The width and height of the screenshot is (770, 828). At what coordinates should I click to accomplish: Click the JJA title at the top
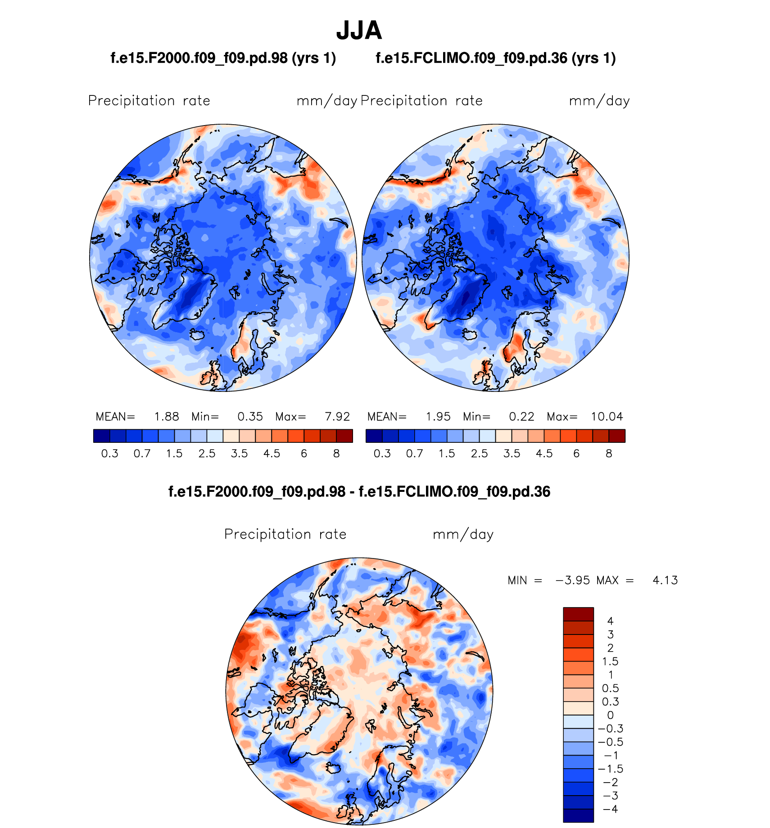[359, 31]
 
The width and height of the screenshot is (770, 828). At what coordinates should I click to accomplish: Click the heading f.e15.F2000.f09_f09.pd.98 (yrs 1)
[223, 58]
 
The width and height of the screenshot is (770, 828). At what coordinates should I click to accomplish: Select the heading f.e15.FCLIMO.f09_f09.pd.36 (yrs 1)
[496, 58]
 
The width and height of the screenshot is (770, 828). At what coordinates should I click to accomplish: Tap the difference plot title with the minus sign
[359, 491]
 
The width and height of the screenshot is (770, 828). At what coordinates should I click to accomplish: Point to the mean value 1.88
[167, 417]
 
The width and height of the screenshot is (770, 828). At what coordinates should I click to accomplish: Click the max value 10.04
[607, 417]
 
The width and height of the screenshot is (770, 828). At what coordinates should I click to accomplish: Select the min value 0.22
[521, 417]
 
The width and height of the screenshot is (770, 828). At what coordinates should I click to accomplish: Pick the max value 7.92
[337, 417]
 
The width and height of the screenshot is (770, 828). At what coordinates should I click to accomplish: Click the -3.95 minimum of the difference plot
[572, 580]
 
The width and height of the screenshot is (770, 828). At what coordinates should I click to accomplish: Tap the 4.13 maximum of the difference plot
[665, 580]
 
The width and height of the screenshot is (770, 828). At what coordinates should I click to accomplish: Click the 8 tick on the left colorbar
[336, 454]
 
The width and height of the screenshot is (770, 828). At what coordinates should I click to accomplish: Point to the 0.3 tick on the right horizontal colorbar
[382, 454]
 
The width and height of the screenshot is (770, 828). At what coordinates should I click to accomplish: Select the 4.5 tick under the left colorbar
[272, 454]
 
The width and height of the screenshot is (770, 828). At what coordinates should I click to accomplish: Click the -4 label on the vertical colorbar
[610, 809]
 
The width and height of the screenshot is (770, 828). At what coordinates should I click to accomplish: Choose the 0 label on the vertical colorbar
[610, 715]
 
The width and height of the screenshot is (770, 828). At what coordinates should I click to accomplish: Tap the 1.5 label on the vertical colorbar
[610, 661]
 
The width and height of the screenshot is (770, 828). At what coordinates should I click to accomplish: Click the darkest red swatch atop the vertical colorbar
[578, 614]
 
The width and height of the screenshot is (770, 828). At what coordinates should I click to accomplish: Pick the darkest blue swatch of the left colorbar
[101, 436]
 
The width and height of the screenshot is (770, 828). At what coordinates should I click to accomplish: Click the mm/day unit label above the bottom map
[463, 534]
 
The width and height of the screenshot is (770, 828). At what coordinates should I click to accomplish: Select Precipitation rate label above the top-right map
[421, 101]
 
